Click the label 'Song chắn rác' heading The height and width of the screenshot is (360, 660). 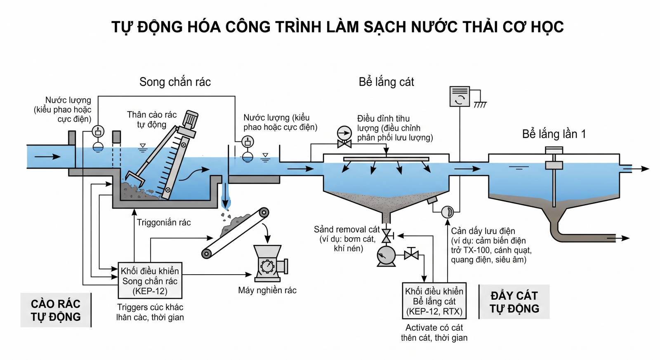tap(175, 82)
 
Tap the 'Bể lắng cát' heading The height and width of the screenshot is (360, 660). tap(386, 82)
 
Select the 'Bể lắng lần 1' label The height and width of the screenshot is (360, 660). tap(554, 134)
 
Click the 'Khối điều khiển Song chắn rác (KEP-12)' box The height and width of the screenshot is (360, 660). tap(150, 280)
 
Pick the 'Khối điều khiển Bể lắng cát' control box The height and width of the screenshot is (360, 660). tap(434, 301)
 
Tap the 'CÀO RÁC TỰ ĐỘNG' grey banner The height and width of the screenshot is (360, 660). tap(56, 310)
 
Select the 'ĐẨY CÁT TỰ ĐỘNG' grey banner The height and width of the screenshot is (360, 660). tap(514, 302)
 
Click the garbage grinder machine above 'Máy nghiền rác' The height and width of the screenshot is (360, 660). tap(270, 263)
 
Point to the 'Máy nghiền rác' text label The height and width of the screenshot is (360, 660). tap(267, 290)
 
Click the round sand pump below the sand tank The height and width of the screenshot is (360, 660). tap(386, 256)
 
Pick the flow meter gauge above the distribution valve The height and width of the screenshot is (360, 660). tap(344, 133)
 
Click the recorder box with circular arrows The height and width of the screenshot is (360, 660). tap(460, 96)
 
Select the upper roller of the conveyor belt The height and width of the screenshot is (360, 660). tap(264, 212)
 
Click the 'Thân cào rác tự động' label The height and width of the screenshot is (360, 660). tap(152, 119)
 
